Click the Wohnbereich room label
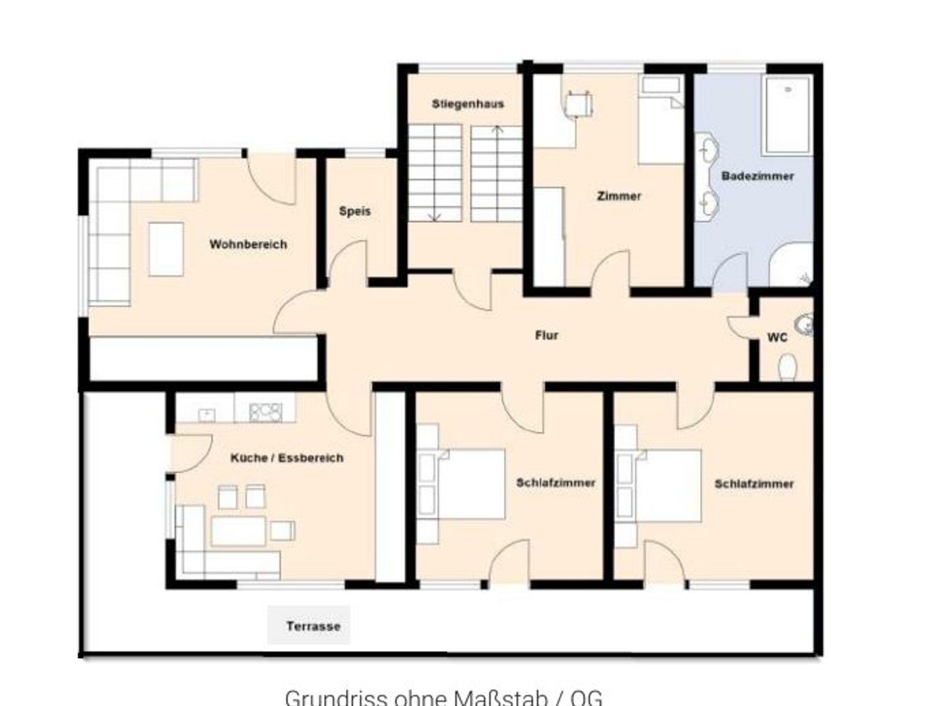[x=248, y=244]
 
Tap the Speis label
[x=355, y=211]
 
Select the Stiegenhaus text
[x=468, y=104]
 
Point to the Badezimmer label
[x=757, y=176]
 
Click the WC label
[x=777, y=338]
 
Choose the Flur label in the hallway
[x=547, y=336]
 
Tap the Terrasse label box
[x=309, y=625]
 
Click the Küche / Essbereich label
[x=287, y=458]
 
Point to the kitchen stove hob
[x=265, y=412]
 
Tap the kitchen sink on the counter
[x=207, y=415]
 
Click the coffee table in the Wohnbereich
[x=166, y=249]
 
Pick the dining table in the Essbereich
[x=238, y=531]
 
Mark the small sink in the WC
[x=804, y=324]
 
